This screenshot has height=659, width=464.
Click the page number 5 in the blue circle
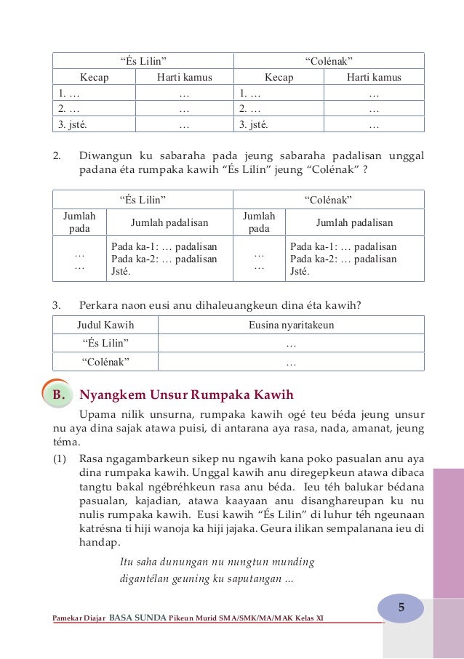pyautogui.click(x=401, y=607)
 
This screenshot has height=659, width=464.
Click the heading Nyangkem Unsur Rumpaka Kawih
pyautogui.click(x=186, y=395)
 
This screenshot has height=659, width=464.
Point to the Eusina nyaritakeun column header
pyautogui.click(x=291, y=325)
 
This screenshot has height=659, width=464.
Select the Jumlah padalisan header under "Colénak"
pyautogui.click(x=353, y=223)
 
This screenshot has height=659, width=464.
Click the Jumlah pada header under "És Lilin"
pyautogui.click(x=79, y=222)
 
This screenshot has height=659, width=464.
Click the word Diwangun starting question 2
pyautogui.click(x=104, y=155)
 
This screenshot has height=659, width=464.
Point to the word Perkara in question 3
pyautogui.click(x=100, y=306)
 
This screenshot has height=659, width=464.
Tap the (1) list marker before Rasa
pyautogui.click(x=61, y=458)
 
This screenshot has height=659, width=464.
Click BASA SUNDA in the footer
pyautogui.click(x=137, y=618)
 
